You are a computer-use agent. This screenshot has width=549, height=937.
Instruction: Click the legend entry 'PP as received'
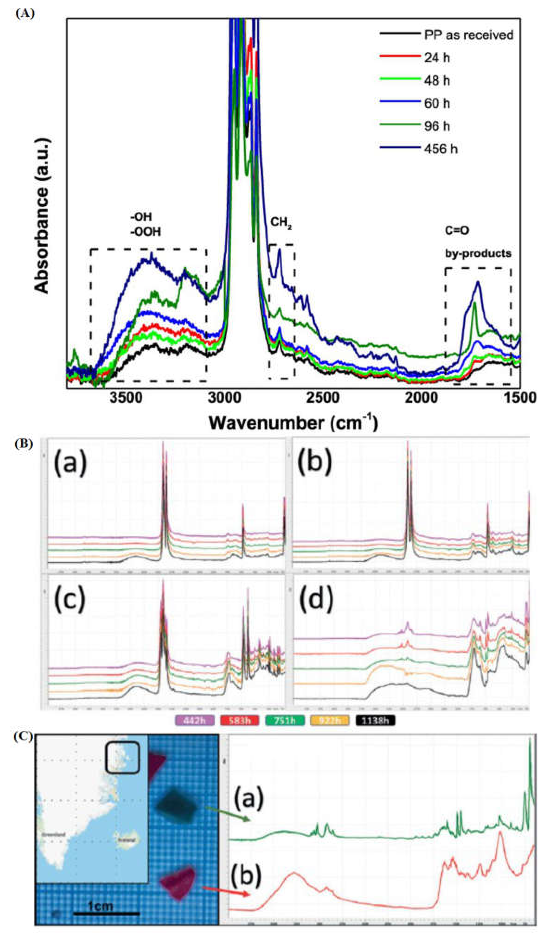[x=469, y=35]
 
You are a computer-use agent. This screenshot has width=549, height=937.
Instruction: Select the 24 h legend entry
[x=437, y=58]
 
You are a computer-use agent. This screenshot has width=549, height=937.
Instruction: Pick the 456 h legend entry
[x=441, y=149]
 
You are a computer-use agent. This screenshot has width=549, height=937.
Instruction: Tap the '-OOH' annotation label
[x=145, y=232]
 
